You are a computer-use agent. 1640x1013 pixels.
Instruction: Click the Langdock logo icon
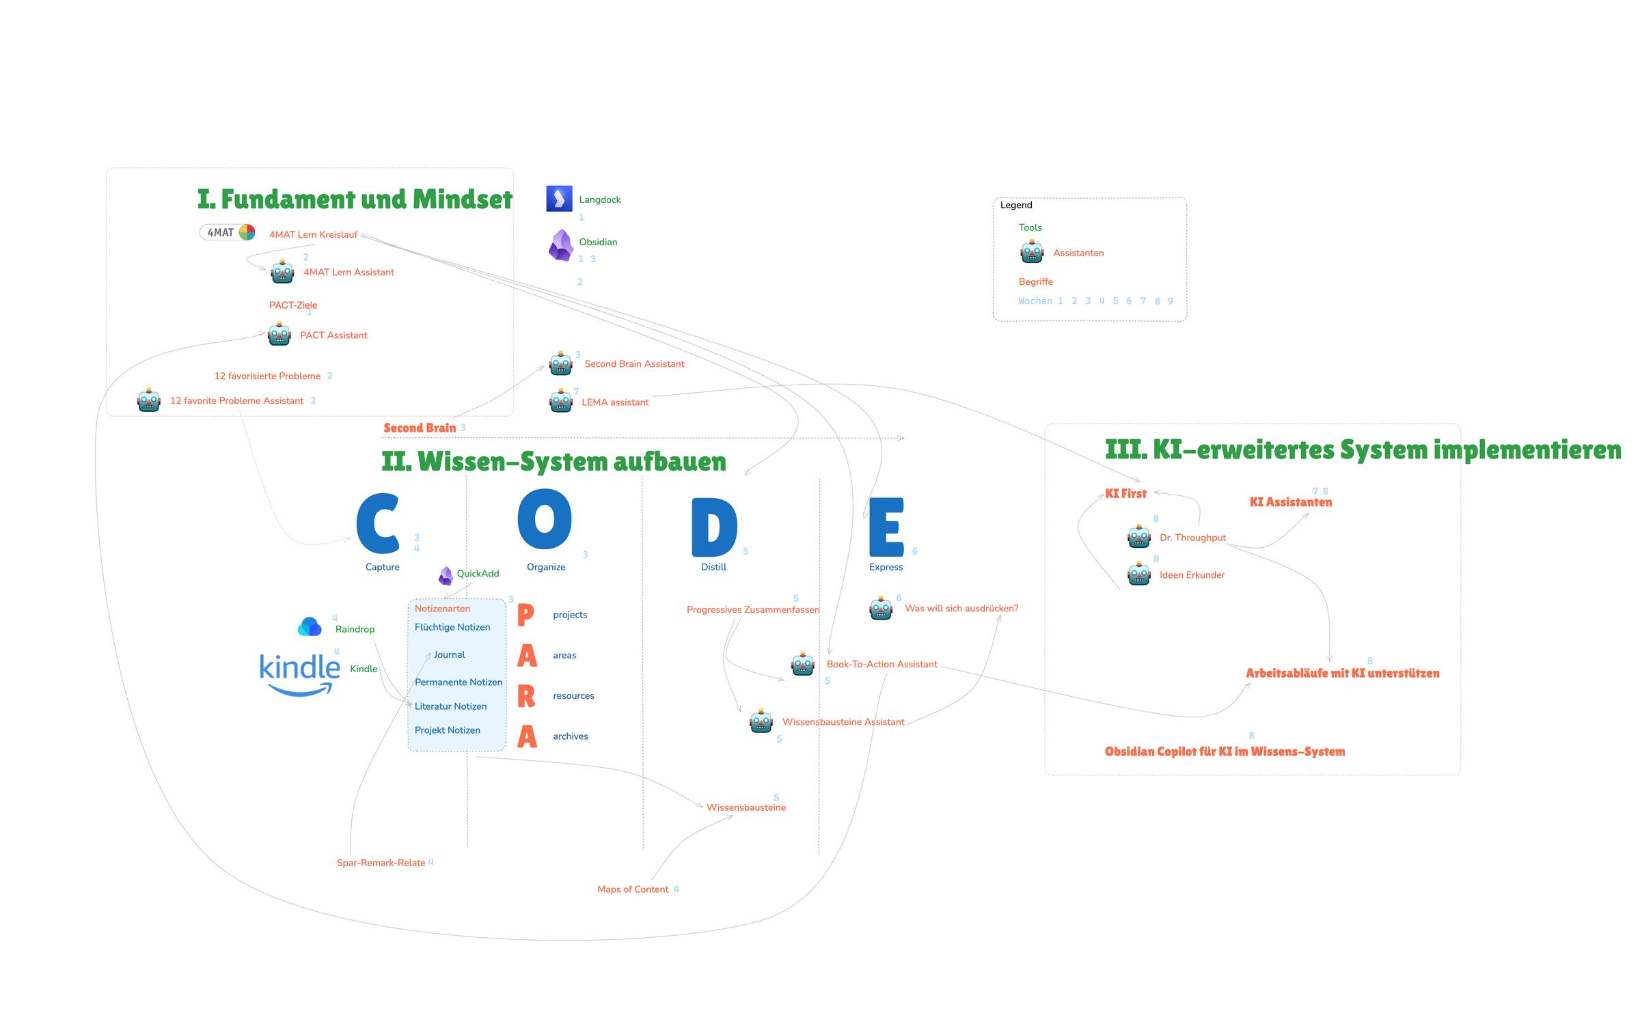(x=559, y=199)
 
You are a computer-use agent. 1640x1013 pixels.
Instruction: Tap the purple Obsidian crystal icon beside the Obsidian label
(x=561, y=245)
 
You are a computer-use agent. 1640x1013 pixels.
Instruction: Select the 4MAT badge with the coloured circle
(x=228, y=232)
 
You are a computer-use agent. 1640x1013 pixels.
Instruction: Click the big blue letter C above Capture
(x=378, y=523)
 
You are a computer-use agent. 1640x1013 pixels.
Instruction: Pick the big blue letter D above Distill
(x=714, y=527)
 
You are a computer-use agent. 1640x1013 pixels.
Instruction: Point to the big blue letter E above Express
(x=886, y=527)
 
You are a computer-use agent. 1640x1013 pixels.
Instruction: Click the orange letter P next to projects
(x=525, y=615)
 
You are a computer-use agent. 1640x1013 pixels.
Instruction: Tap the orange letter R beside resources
(x=526, y=696)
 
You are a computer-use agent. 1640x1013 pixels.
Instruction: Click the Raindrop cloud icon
(x=310, y=626)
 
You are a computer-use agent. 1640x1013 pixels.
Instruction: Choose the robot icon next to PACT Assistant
(x=279, y=334)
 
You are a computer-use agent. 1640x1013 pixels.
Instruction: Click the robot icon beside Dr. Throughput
(x=1139, y=537)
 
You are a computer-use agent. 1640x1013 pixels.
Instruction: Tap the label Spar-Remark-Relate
(x=381, y=863)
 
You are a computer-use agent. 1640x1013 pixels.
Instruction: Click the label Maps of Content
(x=633, y=889)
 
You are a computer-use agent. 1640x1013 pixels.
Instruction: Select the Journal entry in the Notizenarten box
(x=449, y=654)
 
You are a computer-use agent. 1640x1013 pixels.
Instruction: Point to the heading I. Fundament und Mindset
(x=355, y=199)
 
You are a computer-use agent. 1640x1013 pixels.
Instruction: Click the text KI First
(x=1125, y=493)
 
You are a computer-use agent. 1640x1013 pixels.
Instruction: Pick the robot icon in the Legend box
(x=1032, y=252)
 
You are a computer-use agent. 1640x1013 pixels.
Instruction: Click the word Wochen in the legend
(x=1035, y=301)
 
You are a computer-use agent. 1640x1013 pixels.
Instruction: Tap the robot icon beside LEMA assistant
(x=561, y=401)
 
